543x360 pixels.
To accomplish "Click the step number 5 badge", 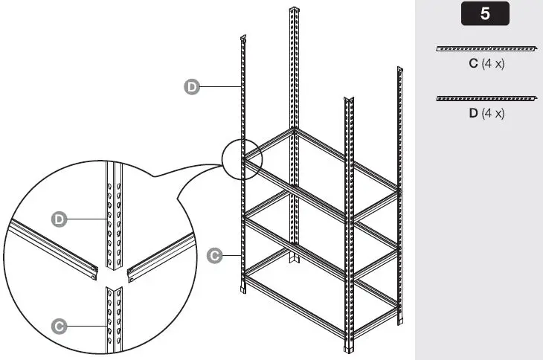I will [485, 14].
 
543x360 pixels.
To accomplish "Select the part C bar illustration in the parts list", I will [486, 49].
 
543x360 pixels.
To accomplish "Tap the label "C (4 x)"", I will [486, 64].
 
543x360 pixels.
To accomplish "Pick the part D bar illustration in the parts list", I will [486, 98].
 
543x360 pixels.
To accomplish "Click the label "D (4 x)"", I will [486, 114].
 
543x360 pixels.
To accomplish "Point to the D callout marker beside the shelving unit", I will [191, 87].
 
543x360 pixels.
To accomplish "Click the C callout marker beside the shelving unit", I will [213, 255].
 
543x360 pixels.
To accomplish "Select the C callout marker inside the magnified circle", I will [60, 325].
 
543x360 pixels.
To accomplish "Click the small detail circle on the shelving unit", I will [242, 158].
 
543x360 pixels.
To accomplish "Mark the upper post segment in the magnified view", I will [114, 216].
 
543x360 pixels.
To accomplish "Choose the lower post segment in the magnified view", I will [114, 320].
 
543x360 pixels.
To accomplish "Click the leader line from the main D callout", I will [219, 87].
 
